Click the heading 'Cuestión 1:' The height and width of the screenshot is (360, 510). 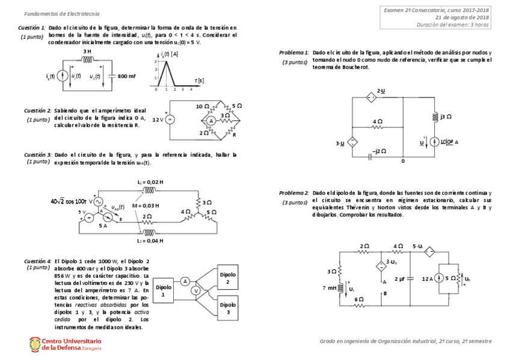pos(31,28)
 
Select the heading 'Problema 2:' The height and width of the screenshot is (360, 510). pos(294,193)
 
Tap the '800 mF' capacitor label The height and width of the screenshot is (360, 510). pos(126,76)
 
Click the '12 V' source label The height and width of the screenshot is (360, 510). pos(158,120)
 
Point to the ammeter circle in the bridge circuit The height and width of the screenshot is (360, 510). pos(211,121)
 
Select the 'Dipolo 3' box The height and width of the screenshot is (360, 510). pos(227,309)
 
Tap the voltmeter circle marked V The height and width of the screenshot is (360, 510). pos(195,290)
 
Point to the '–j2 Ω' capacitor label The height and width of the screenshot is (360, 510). pos(379,151)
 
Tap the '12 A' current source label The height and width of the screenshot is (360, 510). pos(429,279)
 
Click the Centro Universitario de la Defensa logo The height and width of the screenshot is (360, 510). pos(65,344)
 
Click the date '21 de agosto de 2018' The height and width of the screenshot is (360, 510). pos(462,17)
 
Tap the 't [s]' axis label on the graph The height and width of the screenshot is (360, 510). pos(199,79)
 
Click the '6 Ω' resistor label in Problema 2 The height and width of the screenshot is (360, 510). pos(359,299)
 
